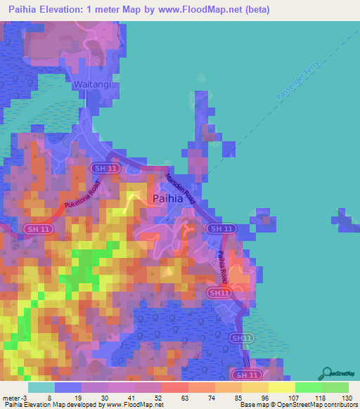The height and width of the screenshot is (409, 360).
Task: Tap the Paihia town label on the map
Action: pyautogui.click(x=168, y=199)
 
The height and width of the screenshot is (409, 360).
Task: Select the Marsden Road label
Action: pyautogui.click(x=180, y=188)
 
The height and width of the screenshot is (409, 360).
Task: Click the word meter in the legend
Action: pyautogui.click(x=12, y=397)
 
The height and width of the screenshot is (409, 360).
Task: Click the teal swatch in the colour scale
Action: pyautogui.click(x=41, y=387)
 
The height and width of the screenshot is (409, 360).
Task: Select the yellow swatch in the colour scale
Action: pyautogui.click(x=282, y=387)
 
